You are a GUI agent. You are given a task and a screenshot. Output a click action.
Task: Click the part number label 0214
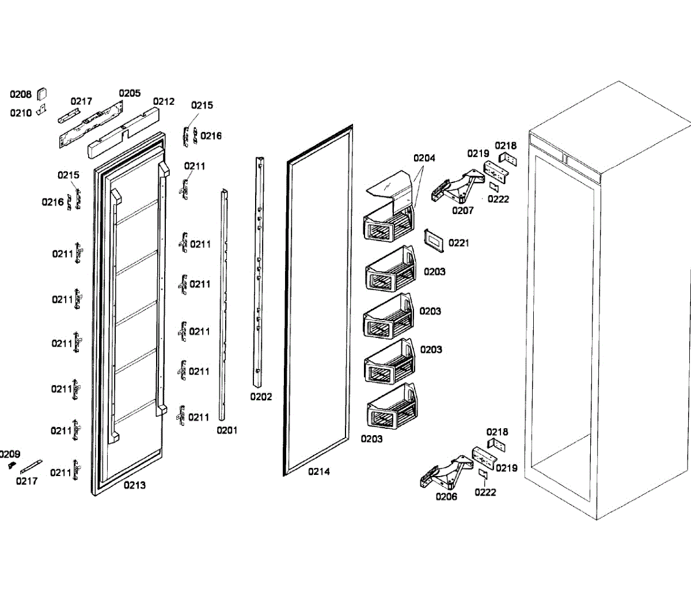pyautogui.click(x=318, y=472)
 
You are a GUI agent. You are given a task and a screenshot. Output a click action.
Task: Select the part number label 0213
pyautogui.click(x=134, y=485)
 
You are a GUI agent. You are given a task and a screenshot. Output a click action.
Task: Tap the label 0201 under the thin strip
pyautogui.click(x=227, y=431)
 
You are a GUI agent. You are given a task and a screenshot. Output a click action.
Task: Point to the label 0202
pyautogui.click(x=261, y=397)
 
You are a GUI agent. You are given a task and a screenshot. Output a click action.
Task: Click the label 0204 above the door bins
pyautogui.click(x=424, y=158)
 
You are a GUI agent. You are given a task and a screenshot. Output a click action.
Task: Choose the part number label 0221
pyautogui.click(x=458, y=243)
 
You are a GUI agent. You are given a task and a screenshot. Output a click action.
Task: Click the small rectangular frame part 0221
pyautogui.click(x=434, y=240)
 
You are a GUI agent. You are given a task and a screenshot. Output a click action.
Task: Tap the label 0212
pyautogui.click(x=164, y=101)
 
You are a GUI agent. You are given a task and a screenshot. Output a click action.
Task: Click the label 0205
pyautogui.click(x=130, y=93)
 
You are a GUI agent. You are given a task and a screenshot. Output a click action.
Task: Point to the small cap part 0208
pyautogui.click(x=42, y=94)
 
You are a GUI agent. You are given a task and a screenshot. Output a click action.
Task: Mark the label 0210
pyautogui.click(x=21, y=113)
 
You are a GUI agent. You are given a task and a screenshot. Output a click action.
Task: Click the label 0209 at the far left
pyautogui.click(x=10, y=454)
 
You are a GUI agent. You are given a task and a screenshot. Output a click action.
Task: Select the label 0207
pyautogui.click(x=462, y=211)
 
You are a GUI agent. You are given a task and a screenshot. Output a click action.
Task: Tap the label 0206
pyautogui.click(x=446, y=497)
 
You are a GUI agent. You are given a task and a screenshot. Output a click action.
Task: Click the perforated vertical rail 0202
pyautogui.click(x=259, y=271)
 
